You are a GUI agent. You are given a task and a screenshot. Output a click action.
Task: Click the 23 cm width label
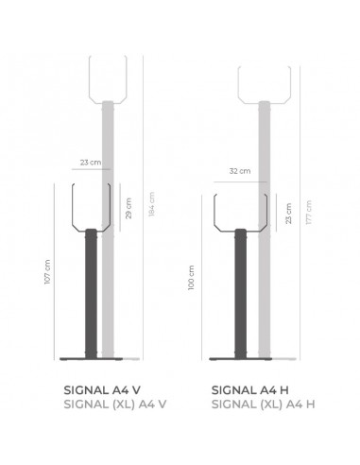[x=91, y=163]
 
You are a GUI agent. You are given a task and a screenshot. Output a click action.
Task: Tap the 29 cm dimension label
[x=129, y=208]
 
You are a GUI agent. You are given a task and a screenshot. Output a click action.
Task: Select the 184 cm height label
[x=151, y=204]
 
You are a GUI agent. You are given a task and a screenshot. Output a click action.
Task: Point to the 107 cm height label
[x=47, y=272]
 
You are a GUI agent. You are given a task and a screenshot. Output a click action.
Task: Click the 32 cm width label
[x=240, y=171]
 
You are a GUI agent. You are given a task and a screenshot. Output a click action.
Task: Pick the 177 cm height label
[x=309, y=213]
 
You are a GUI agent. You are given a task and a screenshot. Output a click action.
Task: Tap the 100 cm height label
[x=191, y=278]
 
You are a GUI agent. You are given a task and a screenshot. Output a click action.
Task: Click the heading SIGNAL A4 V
[x=102, y=390]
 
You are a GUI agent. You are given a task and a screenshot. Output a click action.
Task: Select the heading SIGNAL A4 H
[x=249, y=390]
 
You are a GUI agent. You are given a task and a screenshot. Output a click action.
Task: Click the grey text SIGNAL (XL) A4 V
[x=115, y=404]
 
